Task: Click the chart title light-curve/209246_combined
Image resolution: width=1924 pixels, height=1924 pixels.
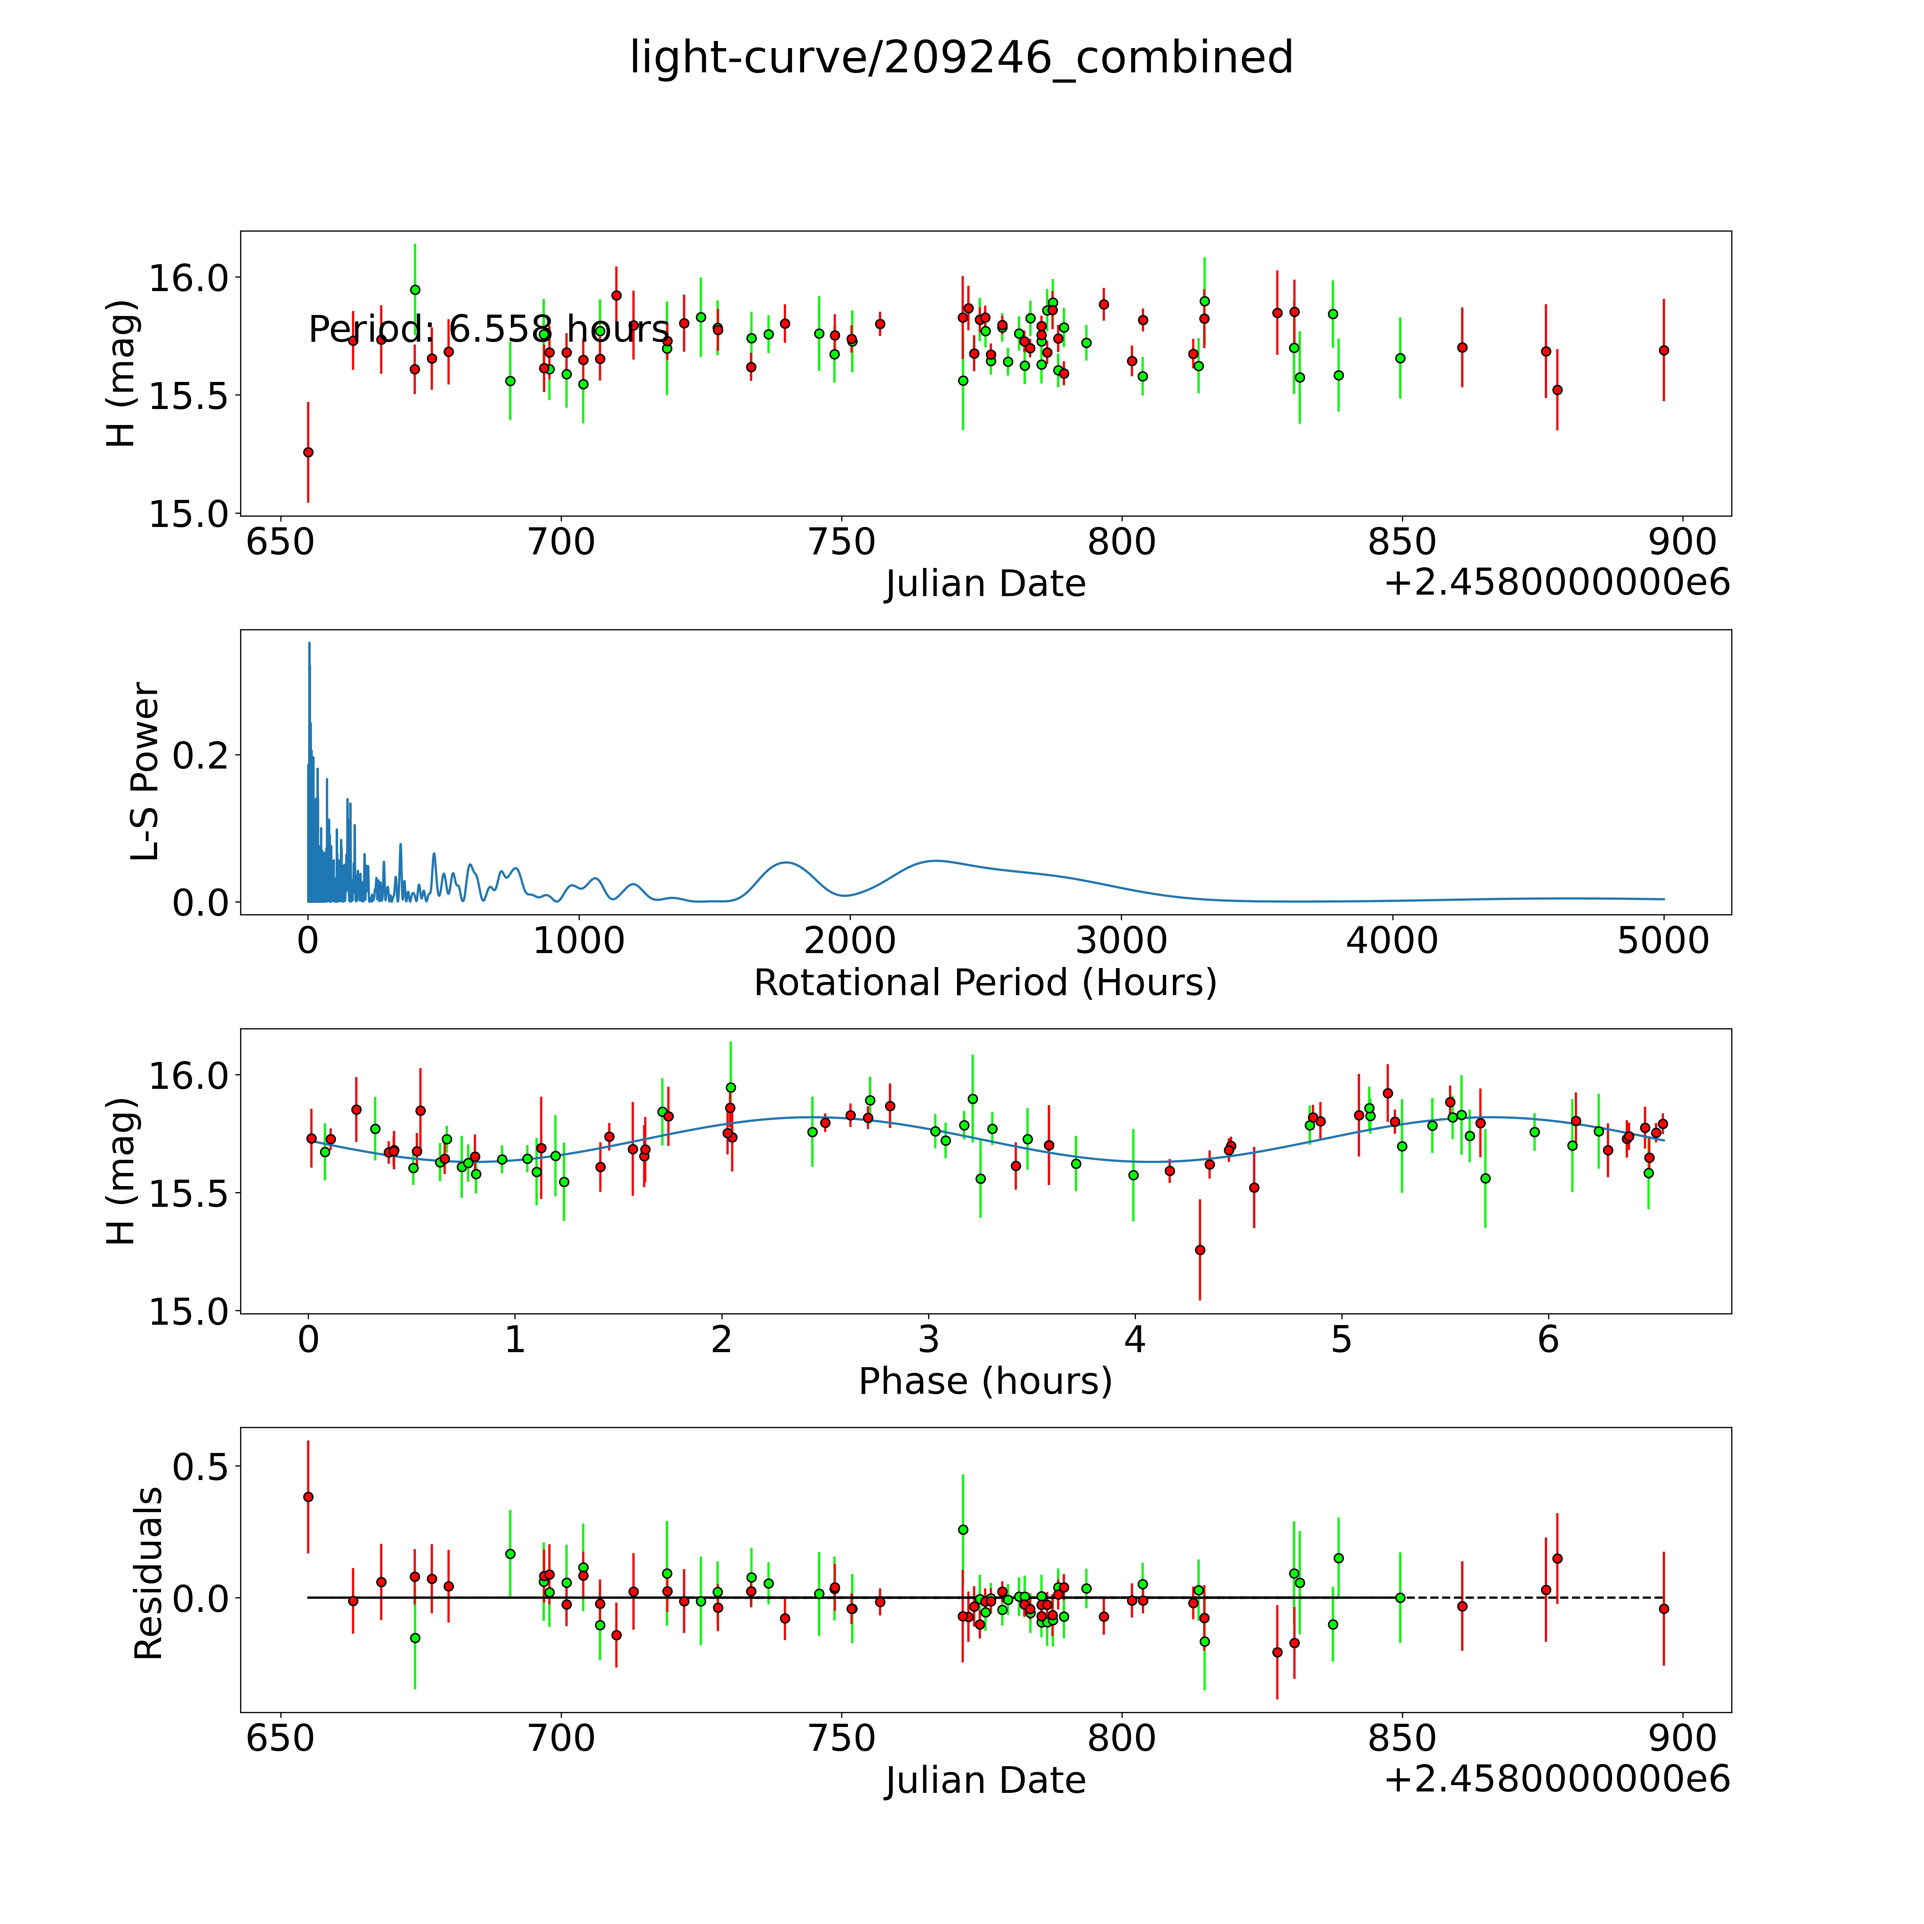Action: [x=961, y=58]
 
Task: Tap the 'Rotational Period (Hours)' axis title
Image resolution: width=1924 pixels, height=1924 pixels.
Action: [x=985, y=983]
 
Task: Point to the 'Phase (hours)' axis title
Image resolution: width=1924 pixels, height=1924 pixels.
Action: [x=985, y=1381]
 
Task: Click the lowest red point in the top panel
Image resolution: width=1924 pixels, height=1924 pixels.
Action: [x=308, y=452]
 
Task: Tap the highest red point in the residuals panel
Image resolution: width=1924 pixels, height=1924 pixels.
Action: [x=308, y=1497]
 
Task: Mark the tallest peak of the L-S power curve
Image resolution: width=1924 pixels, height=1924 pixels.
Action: [x=309, y=643]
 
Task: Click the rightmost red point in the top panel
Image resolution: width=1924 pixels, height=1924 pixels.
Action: [x=1663, y=351]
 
